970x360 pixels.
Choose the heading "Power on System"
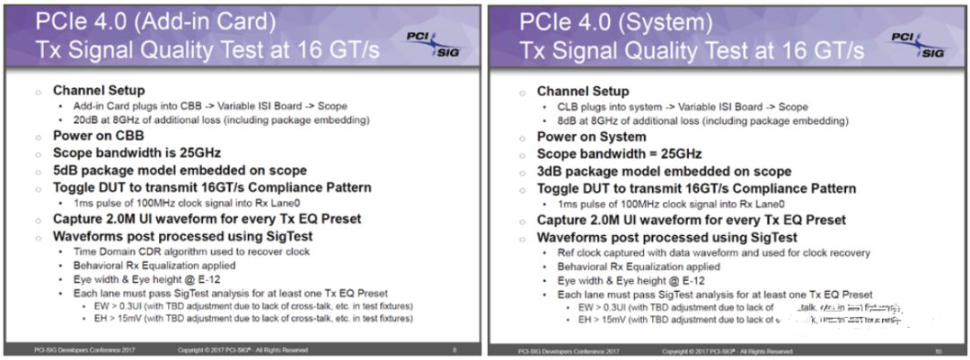tap(591, 136)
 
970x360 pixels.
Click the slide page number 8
tap(454, 349)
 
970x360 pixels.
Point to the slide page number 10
tap(938, 349)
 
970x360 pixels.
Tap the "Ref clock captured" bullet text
tap(602, 252)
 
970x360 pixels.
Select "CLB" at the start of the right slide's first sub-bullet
tap(568, 106)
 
